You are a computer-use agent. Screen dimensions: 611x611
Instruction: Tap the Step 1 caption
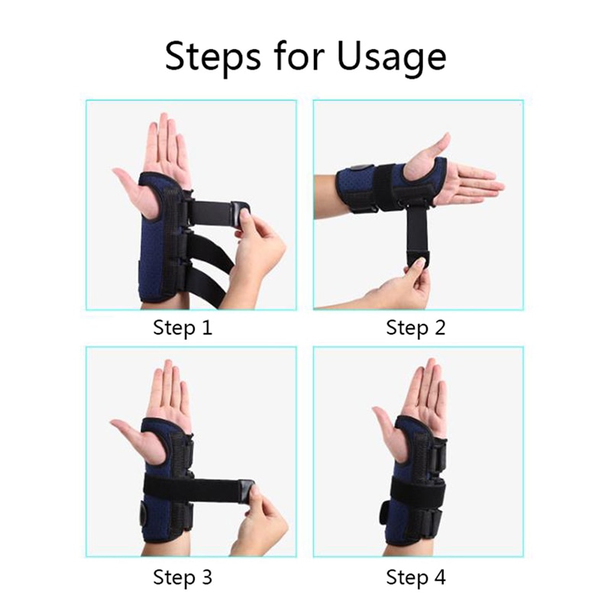click(183, 328)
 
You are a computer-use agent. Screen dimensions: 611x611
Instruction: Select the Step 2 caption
click(415, 328)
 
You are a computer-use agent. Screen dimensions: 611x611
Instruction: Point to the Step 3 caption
click(183, 577)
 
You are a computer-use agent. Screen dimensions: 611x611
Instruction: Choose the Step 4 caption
click(415, 577)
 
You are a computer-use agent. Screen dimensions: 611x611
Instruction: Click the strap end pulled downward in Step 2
click(416, 253)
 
